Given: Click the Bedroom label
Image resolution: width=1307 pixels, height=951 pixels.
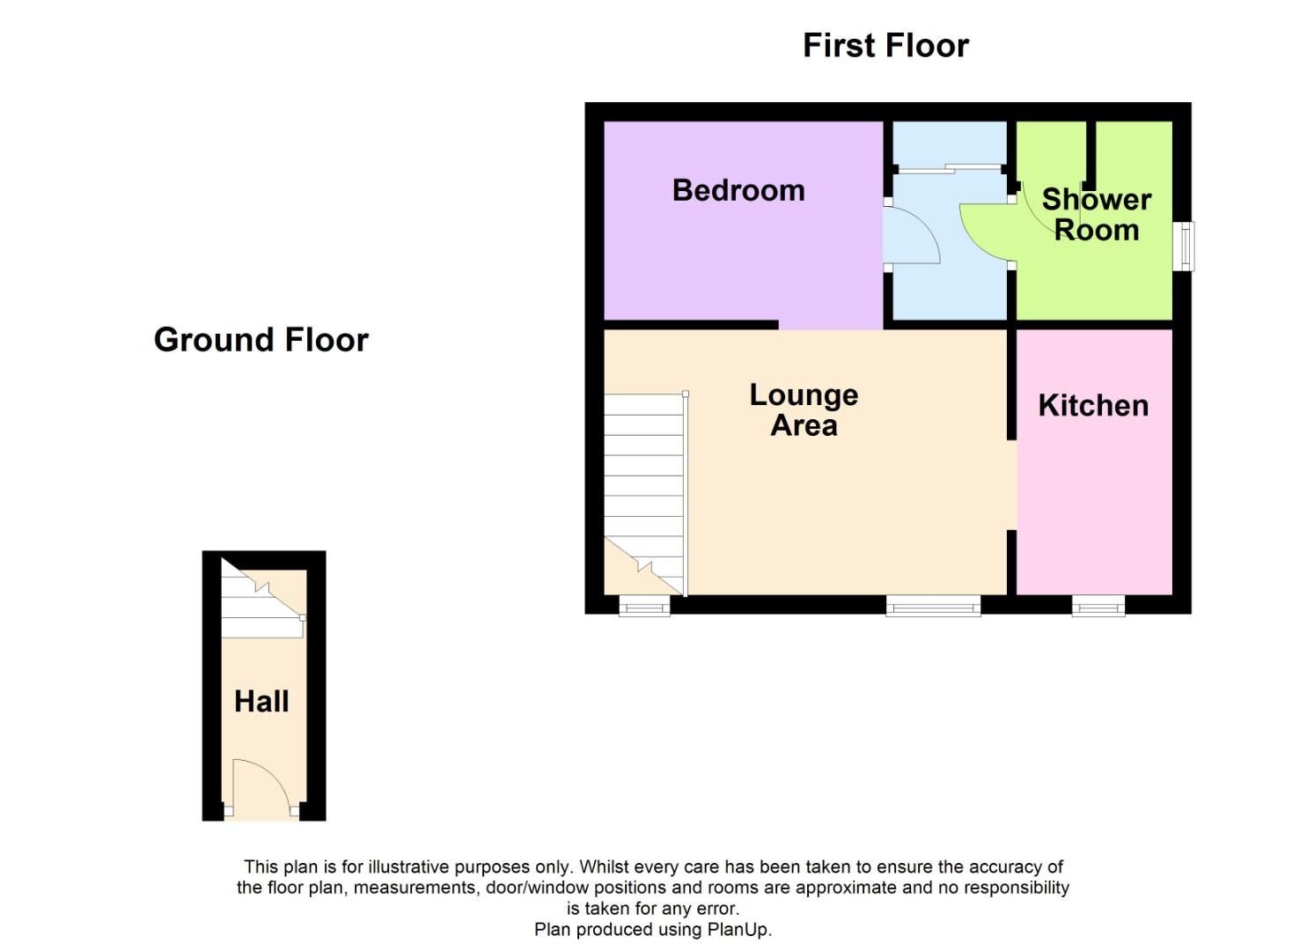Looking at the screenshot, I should (738, 190).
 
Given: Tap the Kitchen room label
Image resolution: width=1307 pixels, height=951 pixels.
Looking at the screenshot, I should (1093, 405).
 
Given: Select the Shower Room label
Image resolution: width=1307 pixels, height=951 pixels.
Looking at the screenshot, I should (1096, 214).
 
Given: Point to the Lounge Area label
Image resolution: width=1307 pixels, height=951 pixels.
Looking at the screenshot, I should (804, 409).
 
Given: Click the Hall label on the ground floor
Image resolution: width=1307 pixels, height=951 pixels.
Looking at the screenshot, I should (261, 701).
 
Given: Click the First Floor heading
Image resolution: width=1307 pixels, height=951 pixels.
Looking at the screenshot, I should (885, 46).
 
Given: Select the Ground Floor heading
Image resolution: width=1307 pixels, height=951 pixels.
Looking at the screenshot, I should (261, 340).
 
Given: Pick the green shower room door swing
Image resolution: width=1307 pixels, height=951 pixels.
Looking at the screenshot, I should (984, 231).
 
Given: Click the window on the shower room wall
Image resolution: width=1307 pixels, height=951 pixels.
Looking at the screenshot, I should (1186, 246).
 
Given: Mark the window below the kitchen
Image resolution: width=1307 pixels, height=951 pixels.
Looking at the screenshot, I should (1098, 606).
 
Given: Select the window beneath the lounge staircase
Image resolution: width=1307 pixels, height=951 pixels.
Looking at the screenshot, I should (644, 606).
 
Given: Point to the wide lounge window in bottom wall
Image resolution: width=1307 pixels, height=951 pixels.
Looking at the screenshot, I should (933, 606).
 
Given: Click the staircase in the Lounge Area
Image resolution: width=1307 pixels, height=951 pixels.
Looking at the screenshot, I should (644, 493).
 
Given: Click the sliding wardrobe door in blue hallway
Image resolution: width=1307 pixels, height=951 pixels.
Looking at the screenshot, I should (949, 167).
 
